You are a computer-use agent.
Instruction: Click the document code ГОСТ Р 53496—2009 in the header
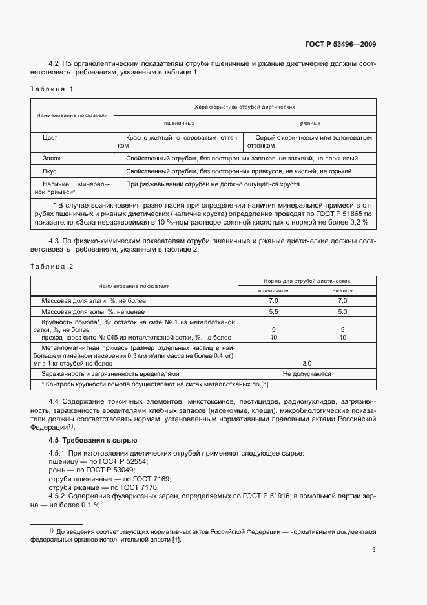(340, 45)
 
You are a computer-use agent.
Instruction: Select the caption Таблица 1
(52, 89)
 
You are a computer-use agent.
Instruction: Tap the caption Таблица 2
(52, 267)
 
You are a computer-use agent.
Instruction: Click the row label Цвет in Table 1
(50, 138)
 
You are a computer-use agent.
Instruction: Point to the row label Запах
(52, 158)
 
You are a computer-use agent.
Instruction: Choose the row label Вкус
(50, 171)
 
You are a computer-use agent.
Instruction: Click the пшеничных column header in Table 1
(179, 122)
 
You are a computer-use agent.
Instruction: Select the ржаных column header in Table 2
(342, 291)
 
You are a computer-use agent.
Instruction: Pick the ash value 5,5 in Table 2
(273, 311)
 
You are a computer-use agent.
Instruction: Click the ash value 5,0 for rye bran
(342, 311)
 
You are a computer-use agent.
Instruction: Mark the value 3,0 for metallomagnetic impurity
(307, 364)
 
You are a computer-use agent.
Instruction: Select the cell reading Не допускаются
(307, 374)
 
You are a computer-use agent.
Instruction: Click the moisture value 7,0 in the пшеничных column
(273, 301)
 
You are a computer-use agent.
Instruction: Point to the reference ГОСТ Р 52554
(124, 461)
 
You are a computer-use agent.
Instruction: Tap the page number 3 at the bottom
(374, 550)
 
